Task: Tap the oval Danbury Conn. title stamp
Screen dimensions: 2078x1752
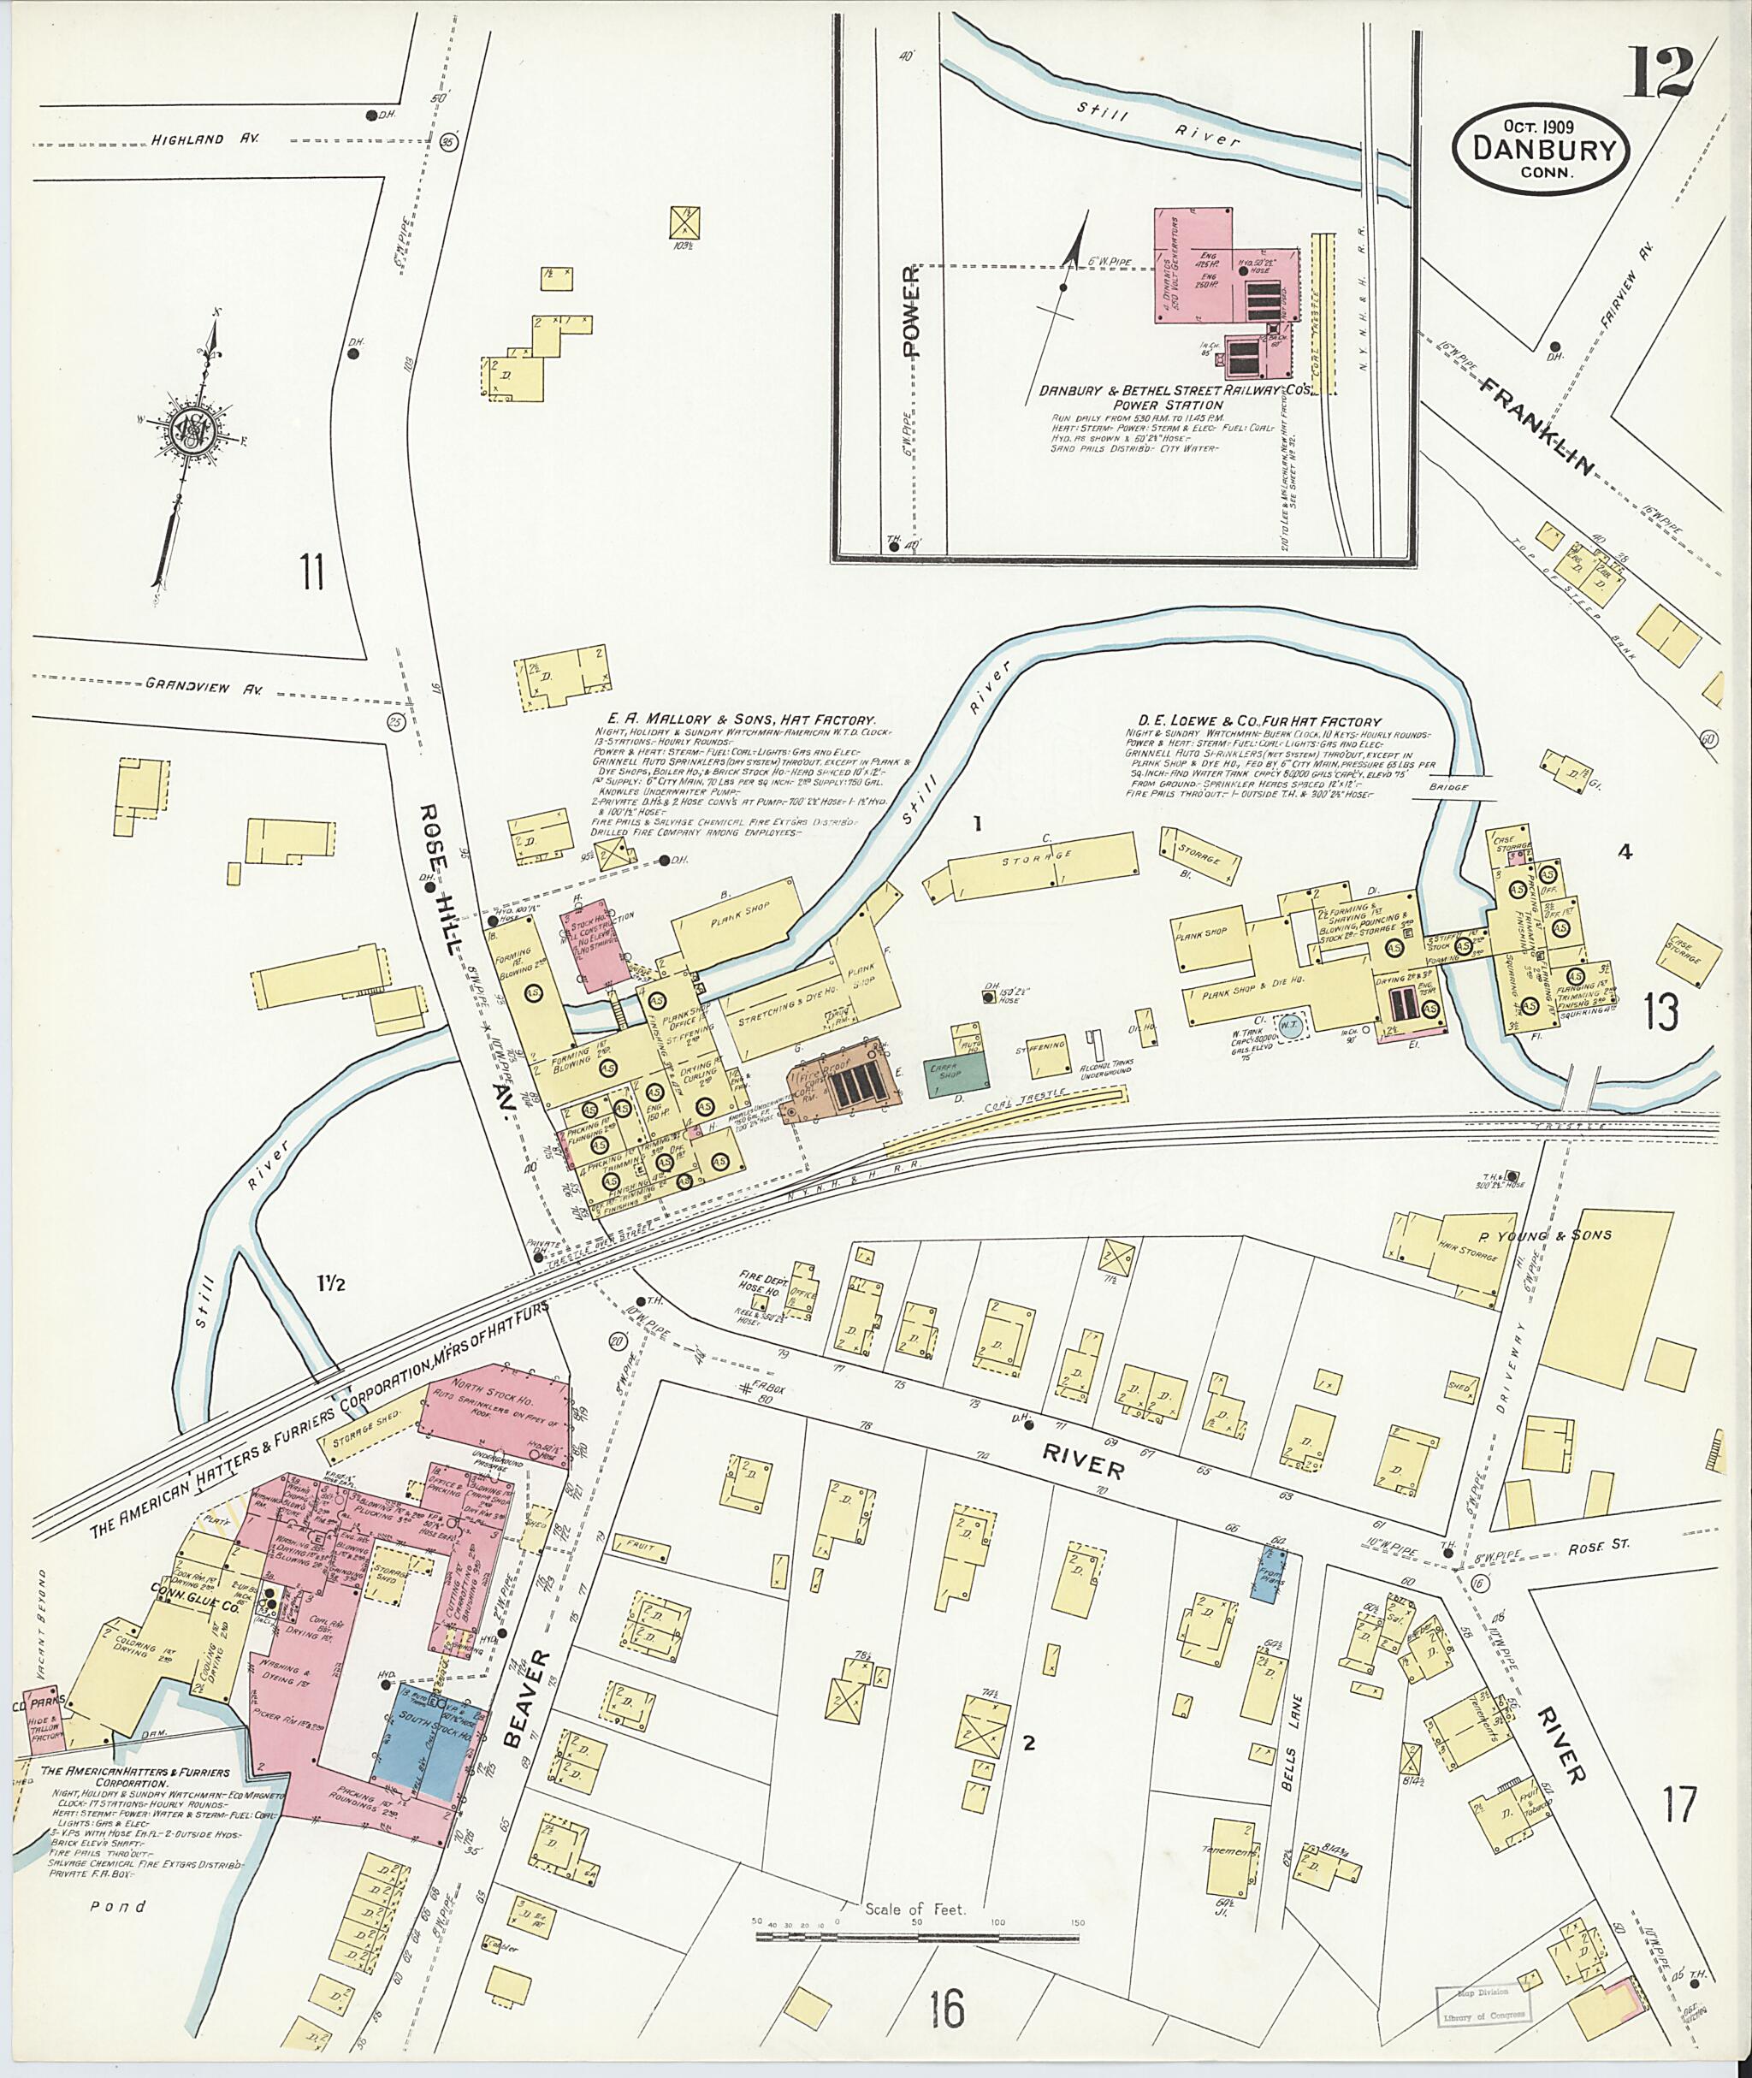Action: (x=1542, y=150)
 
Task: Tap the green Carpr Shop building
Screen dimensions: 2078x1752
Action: (x=957, y=1074)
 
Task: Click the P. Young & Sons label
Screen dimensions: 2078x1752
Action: (x=1544, y=1234)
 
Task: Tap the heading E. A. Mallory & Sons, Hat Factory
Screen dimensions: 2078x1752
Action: (x=741, y=718)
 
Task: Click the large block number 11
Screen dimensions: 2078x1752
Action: (x=313, y=573)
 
